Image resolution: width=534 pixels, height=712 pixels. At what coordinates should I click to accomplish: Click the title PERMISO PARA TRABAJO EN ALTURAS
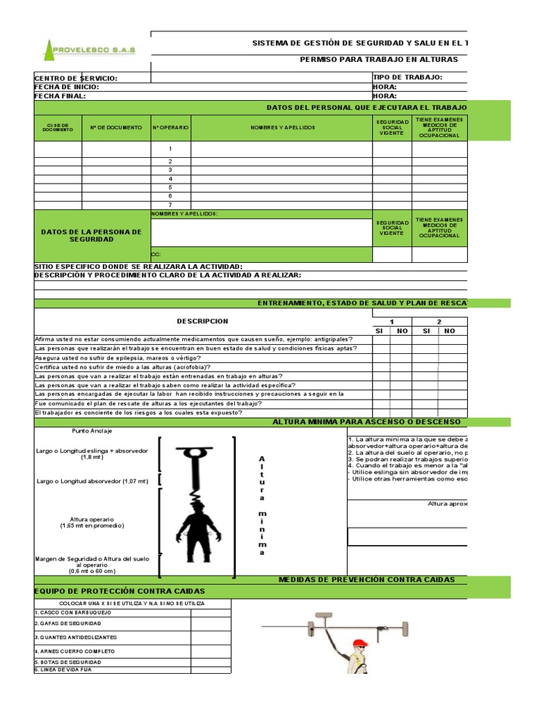379,60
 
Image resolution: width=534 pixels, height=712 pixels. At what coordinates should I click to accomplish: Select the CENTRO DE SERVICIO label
76,79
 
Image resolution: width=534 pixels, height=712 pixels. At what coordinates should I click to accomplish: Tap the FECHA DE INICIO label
67,87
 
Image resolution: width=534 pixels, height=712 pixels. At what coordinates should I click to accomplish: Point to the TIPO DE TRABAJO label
407,77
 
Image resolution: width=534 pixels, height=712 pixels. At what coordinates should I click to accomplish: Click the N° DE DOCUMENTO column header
116,128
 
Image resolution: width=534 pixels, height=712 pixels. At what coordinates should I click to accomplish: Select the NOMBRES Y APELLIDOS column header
282,128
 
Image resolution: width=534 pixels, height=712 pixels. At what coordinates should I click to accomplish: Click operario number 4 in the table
170,179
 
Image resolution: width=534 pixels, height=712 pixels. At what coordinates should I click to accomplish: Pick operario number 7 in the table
170,205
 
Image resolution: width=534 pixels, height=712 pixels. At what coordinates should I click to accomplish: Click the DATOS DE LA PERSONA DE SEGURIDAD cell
91,235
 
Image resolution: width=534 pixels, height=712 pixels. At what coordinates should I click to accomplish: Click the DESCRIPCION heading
202,321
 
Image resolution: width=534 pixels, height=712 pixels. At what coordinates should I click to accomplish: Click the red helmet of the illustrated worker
359,643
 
